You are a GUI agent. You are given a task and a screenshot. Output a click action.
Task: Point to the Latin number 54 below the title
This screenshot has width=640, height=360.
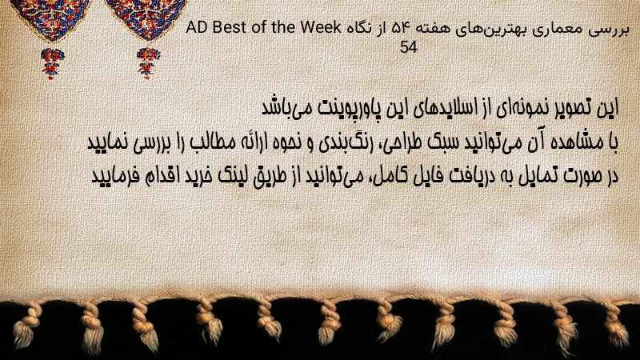pos(409,47)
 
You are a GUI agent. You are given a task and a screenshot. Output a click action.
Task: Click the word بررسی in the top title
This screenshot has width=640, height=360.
pos(606,30)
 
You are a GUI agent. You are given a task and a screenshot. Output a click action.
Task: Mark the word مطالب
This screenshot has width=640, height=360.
pos(214,142)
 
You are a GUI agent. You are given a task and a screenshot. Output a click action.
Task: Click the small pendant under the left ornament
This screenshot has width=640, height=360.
pos(51,63)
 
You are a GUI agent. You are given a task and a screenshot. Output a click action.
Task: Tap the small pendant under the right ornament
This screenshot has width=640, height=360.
pos(148,63)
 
